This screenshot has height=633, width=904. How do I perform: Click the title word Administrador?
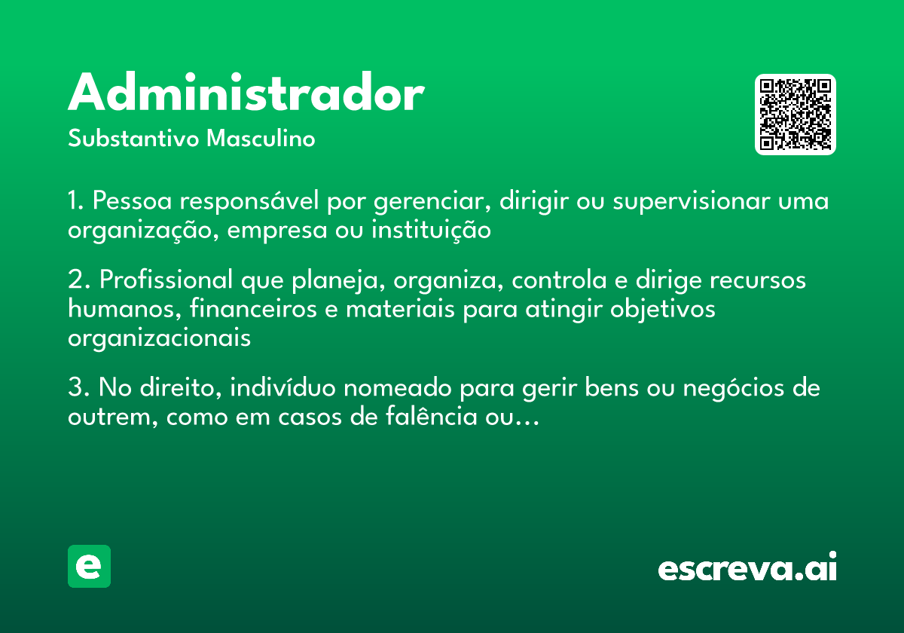coord(246,92)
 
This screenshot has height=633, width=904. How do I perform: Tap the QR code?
coord(795,115)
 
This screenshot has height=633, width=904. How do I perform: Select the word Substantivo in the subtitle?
coord(133,138)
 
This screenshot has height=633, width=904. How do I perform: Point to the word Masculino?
coord(261,138)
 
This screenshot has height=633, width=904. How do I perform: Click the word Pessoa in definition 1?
coord(132,200)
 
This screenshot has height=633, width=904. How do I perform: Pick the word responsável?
coord(249,201)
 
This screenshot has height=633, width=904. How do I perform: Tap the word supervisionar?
coord(692,202)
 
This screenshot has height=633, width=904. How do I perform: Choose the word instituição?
coord(431,231)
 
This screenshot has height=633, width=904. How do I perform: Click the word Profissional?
coord(166,280)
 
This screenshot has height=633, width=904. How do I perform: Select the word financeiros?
coord(253,309)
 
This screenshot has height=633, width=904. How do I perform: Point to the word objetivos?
coord(662,310)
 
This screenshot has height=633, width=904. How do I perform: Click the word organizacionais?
coord(159,338)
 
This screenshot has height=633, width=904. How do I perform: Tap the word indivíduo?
coord(282,387)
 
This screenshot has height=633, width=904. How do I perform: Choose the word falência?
coord(432,416)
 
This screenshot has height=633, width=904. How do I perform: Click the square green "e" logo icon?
coord(89,566)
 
